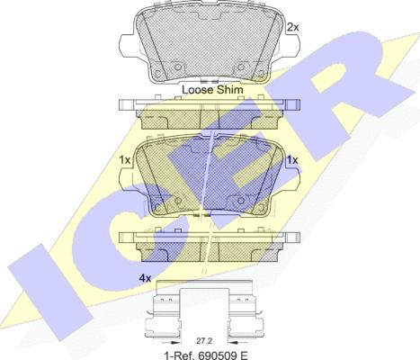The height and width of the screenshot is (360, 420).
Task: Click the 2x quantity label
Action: [293, 28]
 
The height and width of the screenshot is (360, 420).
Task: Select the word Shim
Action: [230, 89]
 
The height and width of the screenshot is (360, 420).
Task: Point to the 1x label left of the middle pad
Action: [125, 160]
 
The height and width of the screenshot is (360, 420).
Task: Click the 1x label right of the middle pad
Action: [292, 160]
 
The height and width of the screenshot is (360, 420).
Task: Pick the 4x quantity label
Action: [145, 279]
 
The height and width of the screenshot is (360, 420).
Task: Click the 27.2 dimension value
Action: [204, 341]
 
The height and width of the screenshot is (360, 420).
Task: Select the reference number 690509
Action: [212, 355]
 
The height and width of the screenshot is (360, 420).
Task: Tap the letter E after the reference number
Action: [244, 355]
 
